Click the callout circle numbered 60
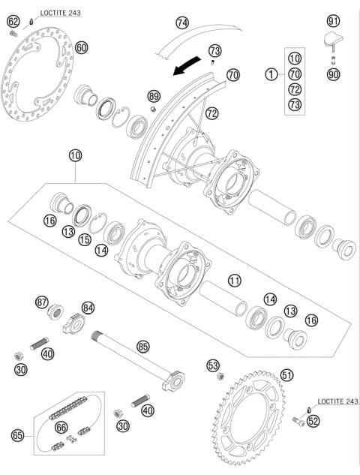click(x=82, y=47)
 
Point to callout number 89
click(x=154, y=96)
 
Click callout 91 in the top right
click(x=334, y=20)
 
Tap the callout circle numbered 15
click(x=85, y=239)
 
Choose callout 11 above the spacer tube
click(x=235, y=281)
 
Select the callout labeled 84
click(x=89, y=307)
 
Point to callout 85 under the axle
click(x=142, y=347)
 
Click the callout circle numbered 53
click(x=212, y=365)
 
